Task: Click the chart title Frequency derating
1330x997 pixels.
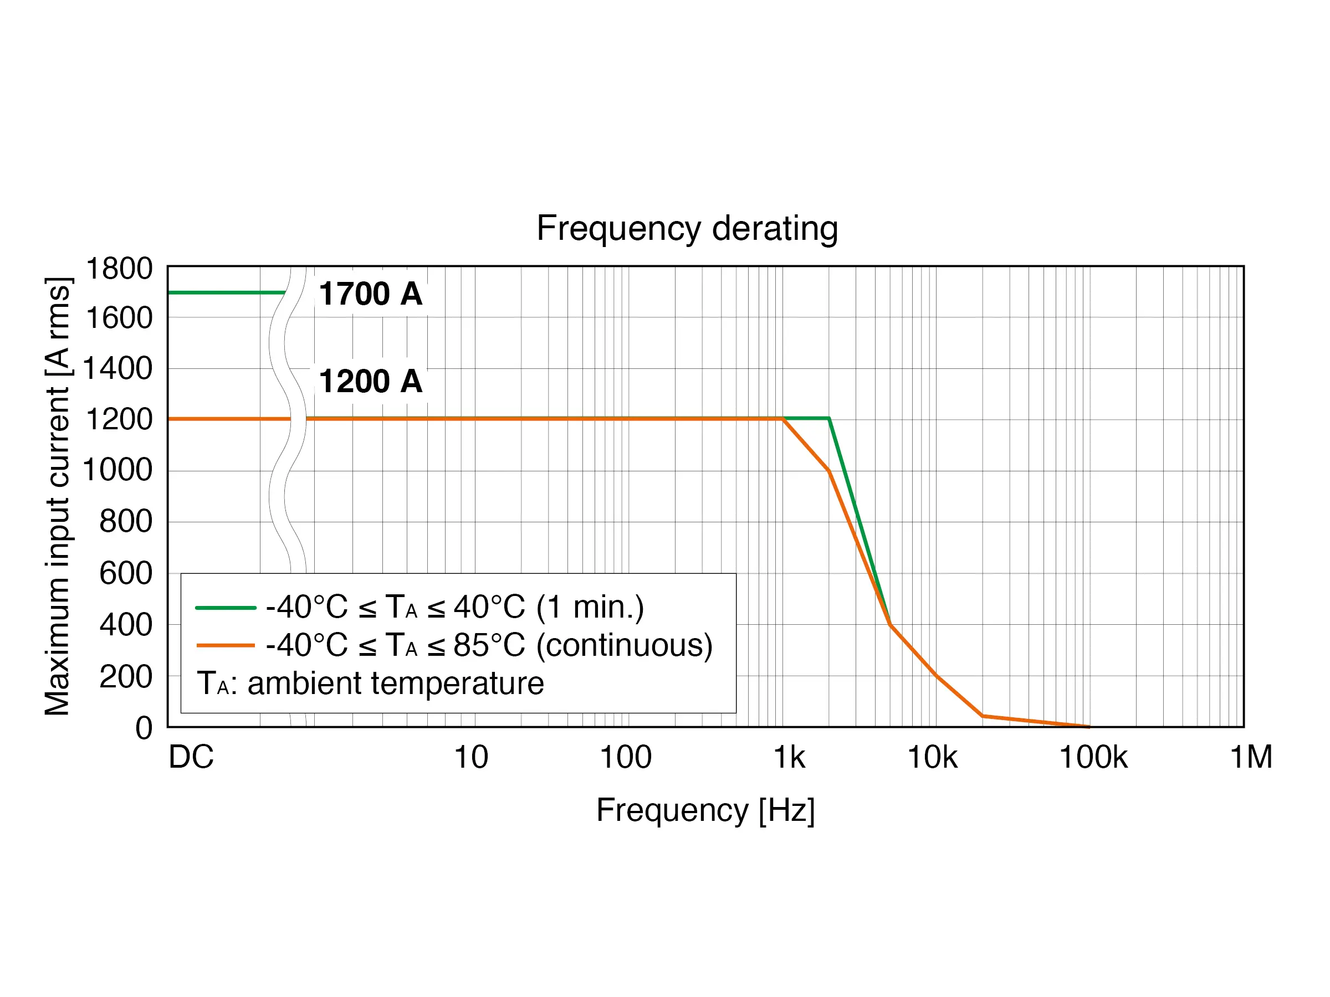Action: point(687,228)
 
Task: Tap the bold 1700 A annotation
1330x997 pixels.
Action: point(370,294)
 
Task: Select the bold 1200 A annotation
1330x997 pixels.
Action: point(370,381)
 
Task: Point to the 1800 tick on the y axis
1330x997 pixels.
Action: point(119,268)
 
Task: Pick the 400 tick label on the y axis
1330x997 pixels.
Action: point(126,624)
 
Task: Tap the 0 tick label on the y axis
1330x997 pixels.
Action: point(144,728)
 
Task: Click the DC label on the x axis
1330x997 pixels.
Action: point(191,757)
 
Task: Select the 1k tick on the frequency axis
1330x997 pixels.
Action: point(789,757)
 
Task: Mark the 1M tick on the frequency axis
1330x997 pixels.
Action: point(1251,757)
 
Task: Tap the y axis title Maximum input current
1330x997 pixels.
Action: point(58,496)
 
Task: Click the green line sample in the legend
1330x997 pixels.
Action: point(226,608)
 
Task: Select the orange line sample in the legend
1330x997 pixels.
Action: point(226,645)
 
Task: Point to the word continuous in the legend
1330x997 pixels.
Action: point(623,645)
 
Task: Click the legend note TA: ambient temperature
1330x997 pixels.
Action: point(370,683)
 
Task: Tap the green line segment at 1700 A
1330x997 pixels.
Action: point(226,292)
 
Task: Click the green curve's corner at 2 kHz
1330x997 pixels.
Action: point(829,418)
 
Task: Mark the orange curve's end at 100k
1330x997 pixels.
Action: point(1088,727)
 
